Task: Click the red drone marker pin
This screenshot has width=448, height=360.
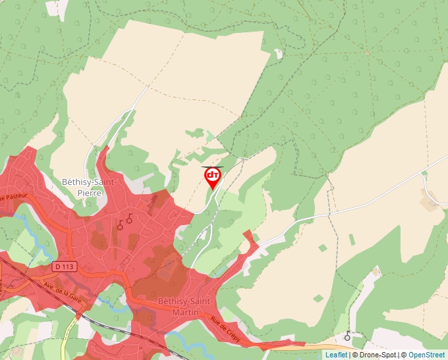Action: click(212, 176)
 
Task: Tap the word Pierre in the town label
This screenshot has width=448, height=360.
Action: click(89, 193)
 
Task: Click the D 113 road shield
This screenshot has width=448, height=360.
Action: click(64, 266)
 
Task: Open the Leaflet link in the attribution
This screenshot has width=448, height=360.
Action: click(336, 355)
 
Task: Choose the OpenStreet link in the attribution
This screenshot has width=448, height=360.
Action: click(428, 355)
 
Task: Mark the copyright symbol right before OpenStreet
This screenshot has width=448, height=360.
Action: click(404, 355)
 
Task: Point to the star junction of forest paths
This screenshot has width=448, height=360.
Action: click(366, 51)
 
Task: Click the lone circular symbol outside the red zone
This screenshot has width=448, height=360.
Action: click(347, 336)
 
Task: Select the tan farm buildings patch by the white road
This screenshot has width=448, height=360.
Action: click(432, 201)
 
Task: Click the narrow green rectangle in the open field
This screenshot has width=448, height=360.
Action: click(322, 247)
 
